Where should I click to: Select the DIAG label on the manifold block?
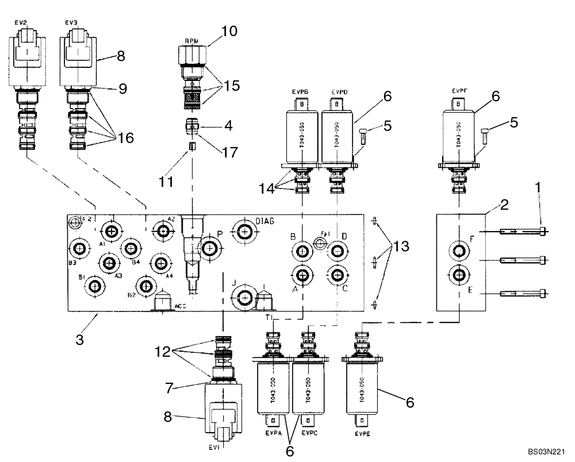pyautogui.click(x=266, y=220)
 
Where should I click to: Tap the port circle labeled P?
pyautogui.click(x=210, y=249)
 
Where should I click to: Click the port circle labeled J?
pyautogui.click(x=244, y=297)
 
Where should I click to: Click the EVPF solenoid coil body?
pyautogui.click(x=458, y=135)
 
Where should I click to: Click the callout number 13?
pyautogui.click(x=402, y=248)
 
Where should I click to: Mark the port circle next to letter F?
pyautogui.click(x=459, y=250)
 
